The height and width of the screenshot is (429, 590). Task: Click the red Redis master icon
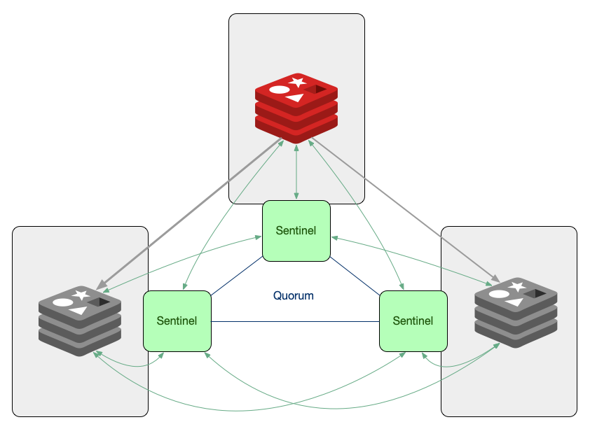click(296, 106)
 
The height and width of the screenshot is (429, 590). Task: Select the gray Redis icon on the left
click(80, 320)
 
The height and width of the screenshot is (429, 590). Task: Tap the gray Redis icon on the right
click(516, 311)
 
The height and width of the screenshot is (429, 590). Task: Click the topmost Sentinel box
click(296, 230)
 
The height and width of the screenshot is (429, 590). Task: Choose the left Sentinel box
click(177, 321)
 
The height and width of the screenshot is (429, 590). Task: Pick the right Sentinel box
click(413, 321)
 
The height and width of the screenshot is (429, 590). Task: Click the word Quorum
click(294, 296)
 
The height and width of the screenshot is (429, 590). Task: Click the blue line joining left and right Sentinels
click(294, 322)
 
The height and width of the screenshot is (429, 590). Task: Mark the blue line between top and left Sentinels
click(237, 276)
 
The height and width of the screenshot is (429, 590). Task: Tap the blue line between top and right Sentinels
click(355, 275)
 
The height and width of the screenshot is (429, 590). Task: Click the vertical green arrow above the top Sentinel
click(298, 171)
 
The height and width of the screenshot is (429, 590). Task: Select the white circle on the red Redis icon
click(280, 90)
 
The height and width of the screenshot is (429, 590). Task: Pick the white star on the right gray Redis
click(518, 286)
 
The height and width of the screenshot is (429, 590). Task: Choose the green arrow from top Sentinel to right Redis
click(413, 260)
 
